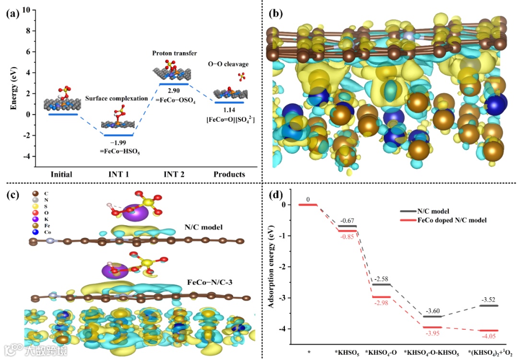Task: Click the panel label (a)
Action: (x=12, y=13)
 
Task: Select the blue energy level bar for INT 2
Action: (x=173, y=84)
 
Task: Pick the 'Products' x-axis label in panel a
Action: (x=229, y=174)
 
